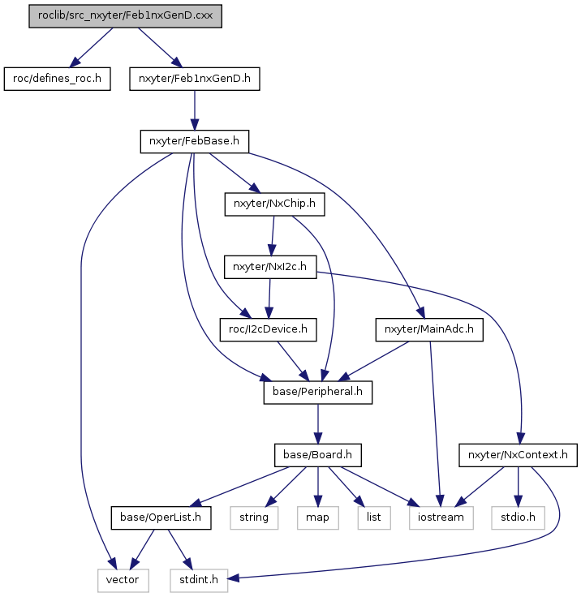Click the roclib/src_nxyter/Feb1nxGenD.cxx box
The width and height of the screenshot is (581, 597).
(125, 16)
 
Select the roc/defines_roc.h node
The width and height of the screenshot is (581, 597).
(57, 79)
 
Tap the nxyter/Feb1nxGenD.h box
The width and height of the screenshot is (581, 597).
(195, 79)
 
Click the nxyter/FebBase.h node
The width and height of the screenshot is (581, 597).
(195, 142)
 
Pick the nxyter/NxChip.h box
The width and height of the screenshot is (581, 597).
(275, 204)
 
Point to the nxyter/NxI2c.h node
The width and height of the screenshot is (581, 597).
(270, 267)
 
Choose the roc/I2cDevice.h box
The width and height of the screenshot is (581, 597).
(269, 329)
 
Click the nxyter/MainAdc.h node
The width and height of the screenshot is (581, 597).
(429, 329)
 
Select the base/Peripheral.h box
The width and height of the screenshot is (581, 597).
(318, 393)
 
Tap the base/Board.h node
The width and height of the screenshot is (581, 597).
(318, 455)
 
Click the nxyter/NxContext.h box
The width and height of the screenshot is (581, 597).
(519, 455)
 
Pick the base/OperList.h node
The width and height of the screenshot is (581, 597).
(161, 518)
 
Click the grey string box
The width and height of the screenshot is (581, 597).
(254, 518)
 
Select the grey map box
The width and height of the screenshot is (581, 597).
(318, 518)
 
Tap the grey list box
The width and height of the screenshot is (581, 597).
(374, 518)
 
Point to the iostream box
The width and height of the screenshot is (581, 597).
(441, 518)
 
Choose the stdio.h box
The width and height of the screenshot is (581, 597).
(519, 518)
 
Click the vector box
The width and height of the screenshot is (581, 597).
(123, 581)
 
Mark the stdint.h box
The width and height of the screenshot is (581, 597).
(199, 581)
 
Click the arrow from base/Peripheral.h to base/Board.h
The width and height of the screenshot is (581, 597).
(318, 424)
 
